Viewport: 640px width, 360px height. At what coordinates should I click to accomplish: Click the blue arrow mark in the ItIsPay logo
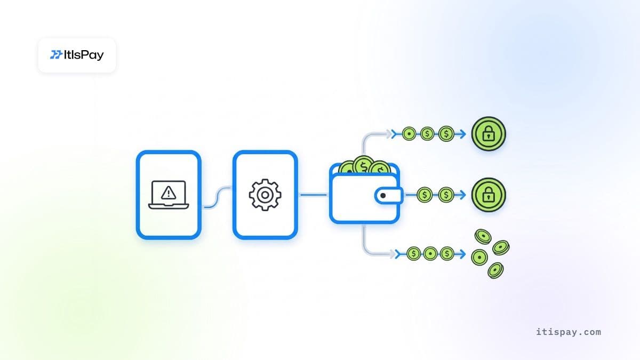coord(56,54)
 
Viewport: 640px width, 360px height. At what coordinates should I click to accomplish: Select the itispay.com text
coord(569,332)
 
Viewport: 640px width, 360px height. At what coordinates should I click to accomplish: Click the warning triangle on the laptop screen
coord(169,193)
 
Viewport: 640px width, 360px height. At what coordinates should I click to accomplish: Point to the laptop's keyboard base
coord(169,206)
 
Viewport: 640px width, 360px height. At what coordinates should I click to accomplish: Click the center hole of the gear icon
coord(265,195)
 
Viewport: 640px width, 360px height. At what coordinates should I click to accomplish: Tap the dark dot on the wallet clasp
coord(383,195)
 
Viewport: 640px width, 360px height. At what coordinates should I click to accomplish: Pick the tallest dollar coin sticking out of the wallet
coord(363,165)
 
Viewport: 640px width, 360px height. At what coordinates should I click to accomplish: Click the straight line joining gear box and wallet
coord(314,195)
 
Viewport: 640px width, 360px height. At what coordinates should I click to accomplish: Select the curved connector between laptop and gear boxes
coord(218,197)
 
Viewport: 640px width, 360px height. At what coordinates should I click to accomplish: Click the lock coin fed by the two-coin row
coord(489,195)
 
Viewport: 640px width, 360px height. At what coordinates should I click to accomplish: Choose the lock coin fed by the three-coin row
coord(489,134)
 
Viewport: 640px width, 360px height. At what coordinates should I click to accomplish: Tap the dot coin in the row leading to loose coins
coord(430,253)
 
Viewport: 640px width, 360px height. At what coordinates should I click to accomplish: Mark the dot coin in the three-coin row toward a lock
coord(409,134)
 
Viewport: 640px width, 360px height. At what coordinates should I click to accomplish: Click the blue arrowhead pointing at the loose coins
coord(462,254)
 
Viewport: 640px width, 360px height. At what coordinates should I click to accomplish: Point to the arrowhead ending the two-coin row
coord(462,195)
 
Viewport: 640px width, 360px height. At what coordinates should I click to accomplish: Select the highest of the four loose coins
coord(483,237)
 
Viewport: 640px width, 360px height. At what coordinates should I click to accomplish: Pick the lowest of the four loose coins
coord(495,270)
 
